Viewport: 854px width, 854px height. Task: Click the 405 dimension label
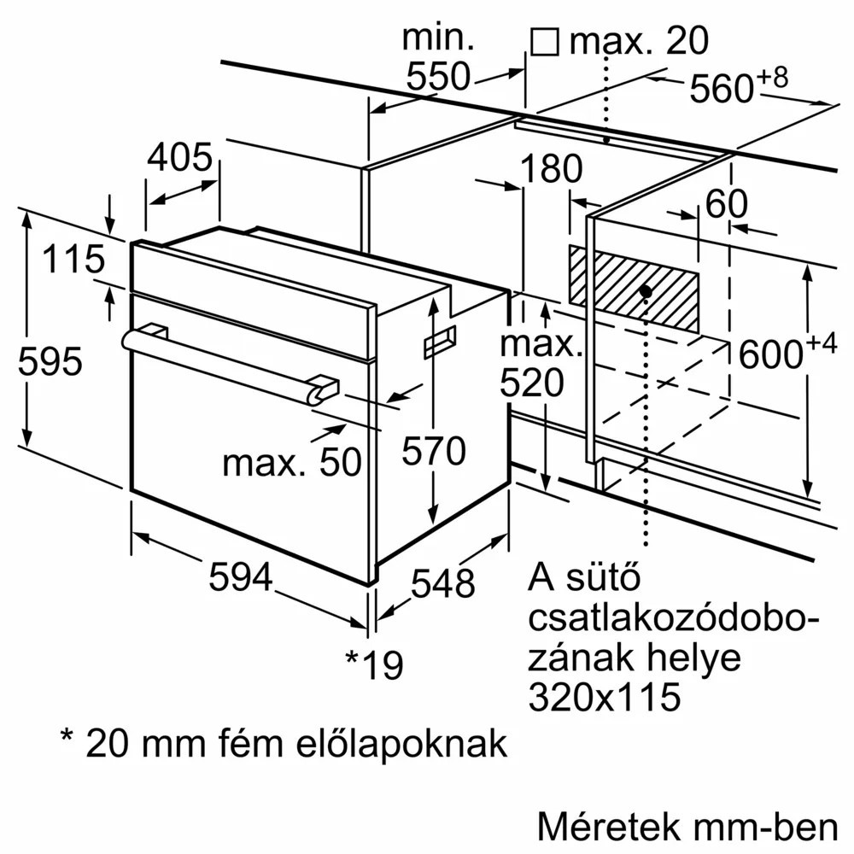179,157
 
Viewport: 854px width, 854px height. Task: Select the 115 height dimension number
74,260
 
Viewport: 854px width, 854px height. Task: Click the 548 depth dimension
442,583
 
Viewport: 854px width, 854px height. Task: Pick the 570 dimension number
435,450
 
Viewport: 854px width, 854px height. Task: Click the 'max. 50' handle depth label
292,462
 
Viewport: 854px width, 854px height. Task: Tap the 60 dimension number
727,203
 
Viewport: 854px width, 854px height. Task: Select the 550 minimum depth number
438,77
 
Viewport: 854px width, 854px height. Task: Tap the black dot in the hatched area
646,291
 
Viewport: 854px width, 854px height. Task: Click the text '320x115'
605,697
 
